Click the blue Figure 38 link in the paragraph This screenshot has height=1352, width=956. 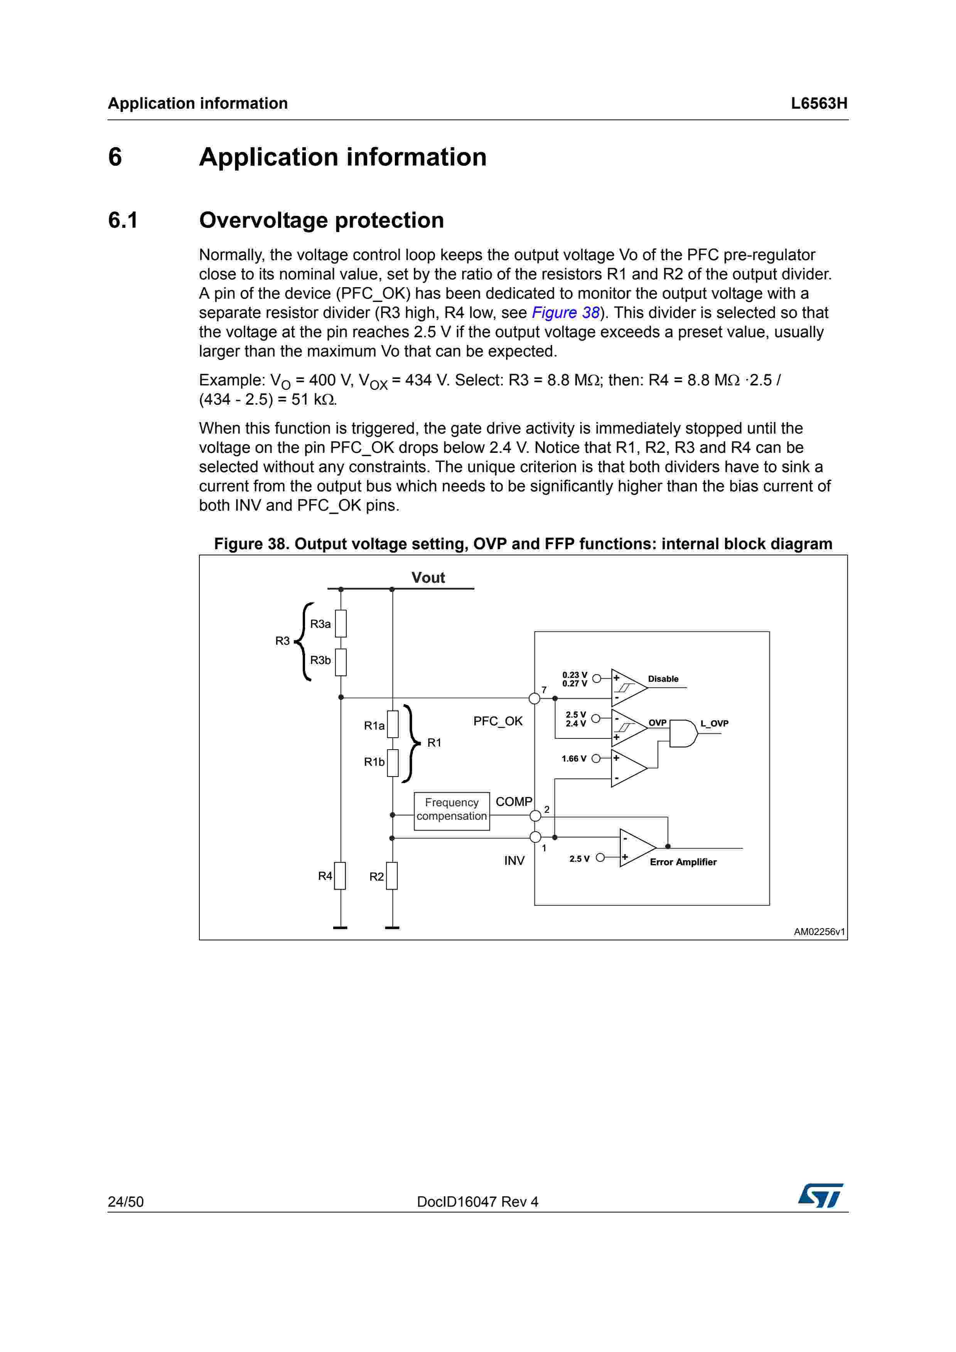tap(565, 313)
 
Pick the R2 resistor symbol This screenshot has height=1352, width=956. tap(392, 876)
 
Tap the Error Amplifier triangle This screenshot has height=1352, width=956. tap(636, 848)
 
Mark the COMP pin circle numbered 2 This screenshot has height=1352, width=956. tap(535, 816)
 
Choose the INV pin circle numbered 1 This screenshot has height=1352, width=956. tap(535, 837)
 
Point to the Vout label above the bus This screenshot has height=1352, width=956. tap(428, 578)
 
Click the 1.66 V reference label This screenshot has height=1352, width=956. tap(574, 758)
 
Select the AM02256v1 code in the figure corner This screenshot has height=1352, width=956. tap(819, 932)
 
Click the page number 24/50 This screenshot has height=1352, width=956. tap(125, 1202)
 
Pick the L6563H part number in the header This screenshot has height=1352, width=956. tap(819, 104)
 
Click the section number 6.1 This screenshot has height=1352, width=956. tap(123, 220)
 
